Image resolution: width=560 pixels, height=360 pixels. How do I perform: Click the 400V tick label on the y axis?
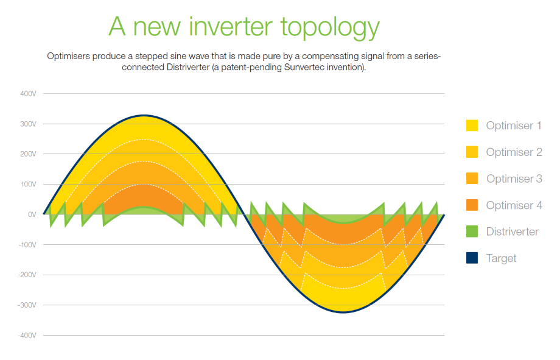(x=28, y=94)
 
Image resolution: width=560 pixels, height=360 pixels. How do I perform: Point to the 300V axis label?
(x=28, y=124)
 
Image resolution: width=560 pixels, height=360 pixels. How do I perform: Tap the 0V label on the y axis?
(x=32, y=214)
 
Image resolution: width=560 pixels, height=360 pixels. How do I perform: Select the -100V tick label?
(x=27, y=245)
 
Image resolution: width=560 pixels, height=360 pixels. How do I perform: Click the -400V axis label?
(x=27, y=336)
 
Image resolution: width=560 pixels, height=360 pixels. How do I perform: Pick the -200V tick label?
(x=27, y=275)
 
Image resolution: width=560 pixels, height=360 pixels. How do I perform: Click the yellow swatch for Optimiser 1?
(x=472, y=125)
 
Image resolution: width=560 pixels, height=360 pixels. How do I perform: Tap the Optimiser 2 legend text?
(x=514, y=152)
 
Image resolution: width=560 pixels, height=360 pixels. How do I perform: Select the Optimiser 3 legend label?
(x=514, y=178)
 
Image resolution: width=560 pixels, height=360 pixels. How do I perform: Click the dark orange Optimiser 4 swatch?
(x=472, y=205)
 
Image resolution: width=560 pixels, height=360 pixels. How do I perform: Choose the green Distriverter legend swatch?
(x=472, y=231)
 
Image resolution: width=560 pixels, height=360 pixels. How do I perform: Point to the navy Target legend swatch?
(x=472, y=258)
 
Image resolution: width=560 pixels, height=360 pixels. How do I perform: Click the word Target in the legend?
(x=501, y=258)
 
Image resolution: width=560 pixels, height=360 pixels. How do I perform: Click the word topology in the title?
(x=330, y=28)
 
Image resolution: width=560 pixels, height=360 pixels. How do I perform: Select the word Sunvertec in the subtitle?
(x=302, y=67)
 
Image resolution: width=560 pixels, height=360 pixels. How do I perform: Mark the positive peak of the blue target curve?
(x=144, y=116)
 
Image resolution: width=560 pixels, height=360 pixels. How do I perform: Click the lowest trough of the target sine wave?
(x=343, y=312)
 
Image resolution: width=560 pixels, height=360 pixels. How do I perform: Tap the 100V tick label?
(x=28, y=185)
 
